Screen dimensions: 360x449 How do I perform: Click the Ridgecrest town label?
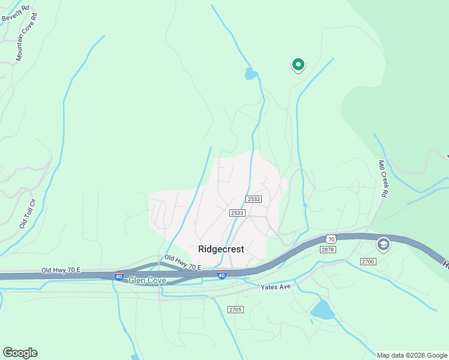click(x=221, y=249)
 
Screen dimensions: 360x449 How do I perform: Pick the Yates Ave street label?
click(x=276, y=287)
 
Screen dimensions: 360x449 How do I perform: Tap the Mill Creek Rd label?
click(x=382, y=178)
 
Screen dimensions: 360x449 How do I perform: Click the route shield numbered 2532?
click(x=253, y=199)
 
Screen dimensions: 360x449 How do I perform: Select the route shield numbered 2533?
click(x=237, y=212)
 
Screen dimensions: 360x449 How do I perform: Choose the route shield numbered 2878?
click(x=328, y=249)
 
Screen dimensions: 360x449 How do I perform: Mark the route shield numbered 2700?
click(x=367, y=261)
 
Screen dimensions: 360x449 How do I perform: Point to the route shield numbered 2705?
click(x=235, y=309)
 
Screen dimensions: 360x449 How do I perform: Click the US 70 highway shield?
click(x=331, y=238)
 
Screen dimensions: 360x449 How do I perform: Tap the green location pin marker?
click(x=298, y=64)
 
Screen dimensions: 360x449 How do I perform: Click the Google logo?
click(x=20, y=353)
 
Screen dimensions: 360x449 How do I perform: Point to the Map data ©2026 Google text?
click(x=412, y=355)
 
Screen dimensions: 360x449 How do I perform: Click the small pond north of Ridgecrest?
click(x=251, y=74)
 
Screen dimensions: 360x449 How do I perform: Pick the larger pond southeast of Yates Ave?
click(x=322, y=310)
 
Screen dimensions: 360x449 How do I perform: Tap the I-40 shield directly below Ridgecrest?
click(x=221, y=275)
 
